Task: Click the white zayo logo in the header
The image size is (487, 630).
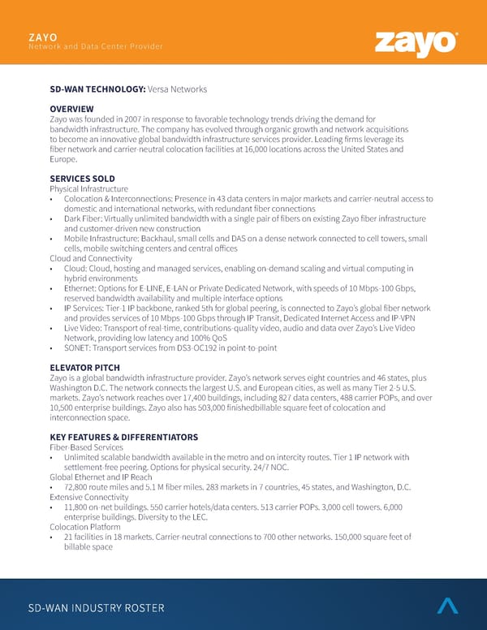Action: (x=416, y=43)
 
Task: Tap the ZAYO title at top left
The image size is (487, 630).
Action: (x=42, y=37)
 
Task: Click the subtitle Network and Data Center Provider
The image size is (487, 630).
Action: (x=96, y=46)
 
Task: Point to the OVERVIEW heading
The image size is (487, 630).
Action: (x=71, y=109)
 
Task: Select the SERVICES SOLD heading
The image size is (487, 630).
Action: (x=82, y=179)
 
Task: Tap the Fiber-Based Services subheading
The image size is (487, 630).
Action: (x=85, y=447)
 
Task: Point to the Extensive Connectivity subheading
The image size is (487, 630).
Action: (x=88, y=496)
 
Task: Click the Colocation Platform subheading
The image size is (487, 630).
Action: (x=84, y=526)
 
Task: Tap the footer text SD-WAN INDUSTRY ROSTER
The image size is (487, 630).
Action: (x=97, y=608)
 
